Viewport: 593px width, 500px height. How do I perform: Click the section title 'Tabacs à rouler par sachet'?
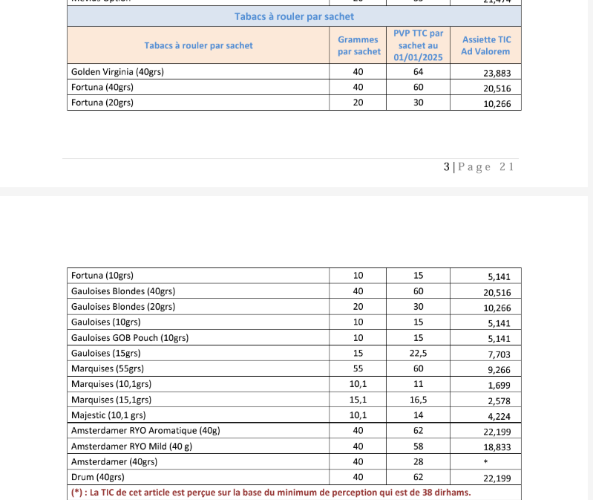(x=294, y=16)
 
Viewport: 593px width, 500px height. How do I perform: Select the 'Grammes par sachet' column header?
(x=358, y=45)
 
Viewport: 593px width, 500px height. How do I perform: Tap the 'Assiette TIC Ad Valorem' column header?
(x=486, y=45)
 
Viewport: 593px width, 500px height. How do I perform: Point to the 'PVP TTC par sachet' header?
(x=418, y=45)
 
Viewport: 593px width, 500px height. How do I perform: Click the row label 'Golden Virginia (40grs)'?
(x=117, y=72)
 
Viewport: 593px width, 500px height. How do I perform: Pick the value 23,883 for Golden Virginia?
(x=497, y=73)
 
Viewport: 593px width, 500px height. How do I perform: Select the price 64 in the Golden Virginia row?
(x=418, y=72)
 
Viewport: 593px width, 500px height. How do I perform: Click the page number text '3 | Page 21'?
(x=479, y=167)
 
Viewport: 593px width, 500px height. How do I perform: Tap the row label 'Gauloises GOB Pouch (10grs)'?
(x=130, y=337)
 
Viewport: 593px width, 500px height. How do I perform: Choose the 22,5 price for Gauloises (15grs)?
(x=418, y=353)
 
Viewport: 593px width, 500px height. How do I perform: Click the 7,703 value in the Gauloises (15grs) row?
(x=499, y=354)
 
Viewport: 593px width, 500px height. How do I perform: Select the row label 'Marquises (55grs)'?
(x=108, y=368)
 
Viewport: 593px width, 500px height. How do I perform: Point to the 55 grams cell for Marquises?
(x=358, y=368)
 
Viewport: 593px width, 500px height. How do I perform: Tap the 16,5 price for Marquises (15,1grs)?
(x=418, y=400)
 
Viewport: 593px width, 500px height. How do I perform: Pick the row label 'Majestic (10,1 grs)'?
(x=109, y=415)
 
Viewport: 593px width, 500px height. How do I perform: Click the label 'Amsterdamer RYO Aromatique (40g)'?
(x=145, y=430)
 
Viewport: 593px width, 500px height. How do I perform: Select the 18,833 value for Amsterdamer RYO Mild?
(x=497, y=447)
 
